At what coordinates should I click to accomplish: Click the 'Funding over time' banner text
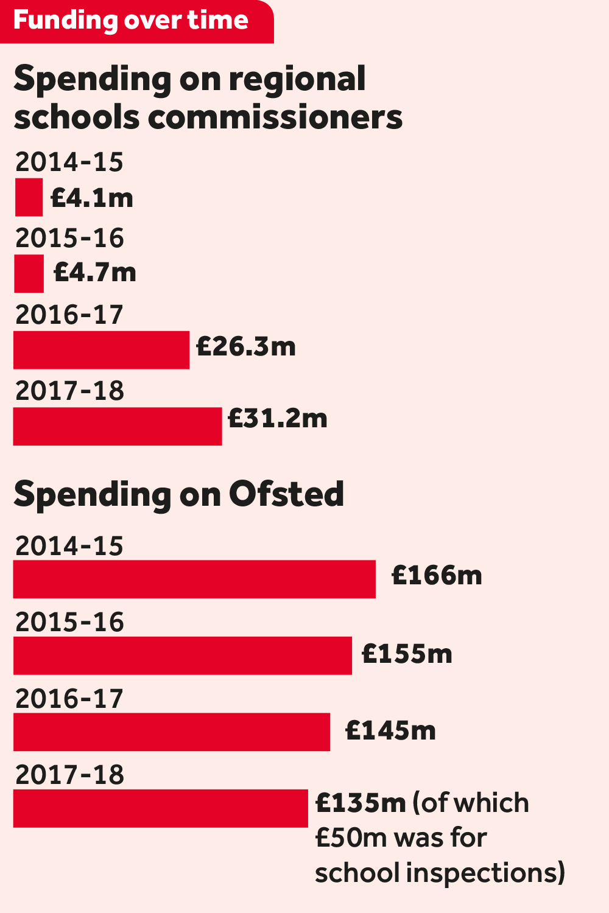click(x=130, y=20)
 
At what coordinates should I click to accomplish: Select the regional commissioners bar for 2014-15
click(x=29, y=197)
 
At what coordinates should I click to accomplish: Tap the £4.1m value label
click(x=92, y=198)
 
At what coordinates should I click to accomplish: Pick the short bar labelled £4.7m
click(x=29, y=274)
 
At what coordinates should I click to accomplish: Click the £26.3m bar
click(x=101, y=350)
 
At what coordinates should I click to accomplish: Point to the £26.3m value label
click(x=246, y=347)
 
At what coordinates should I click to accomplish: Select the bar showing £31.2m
click(x=118, y=426)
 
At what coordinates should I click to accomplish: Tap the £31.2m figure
click(x=278, y=419)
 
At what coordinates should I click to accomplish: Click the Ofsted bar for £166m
click(x=194, y=579)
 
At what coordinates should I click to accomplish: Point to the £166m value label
click(x=437, y=576)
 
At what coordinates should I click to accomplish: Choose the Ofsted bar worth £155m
click(x=183, y=656)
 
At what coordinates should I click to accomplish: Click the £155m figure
click(x=407, y=654)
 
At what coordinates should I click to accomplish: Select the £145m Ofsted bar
click(x=172, y=732)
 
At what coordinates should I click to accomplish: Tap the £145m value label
click(x=390, y=730)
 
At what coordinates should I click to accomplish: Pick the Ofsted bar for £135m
click(x=161, y=808)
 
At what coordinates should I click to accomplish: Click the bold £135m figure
click(x=361, y=803)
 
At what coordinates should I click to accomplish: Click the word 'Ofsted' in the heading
click(x=286, y=494)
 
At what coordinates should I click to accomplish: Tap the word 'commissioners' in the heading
click(x=275, y=116)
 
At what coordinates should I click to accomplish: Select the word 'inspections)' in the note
click(x=485, y=873)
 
